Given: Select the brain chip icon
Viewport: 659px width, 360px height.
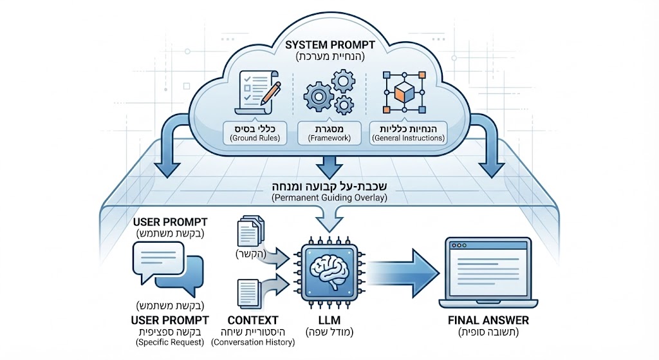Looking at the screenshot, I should click(329, 270).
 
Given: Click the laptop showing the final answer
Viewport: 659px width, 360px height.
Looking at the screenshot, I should click(490, 270).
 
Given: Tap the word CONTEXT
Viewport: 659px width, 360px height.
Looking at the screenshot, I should click(253, 320).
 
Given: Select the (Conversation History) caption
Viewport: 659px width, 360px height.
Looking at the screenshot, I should click(253, 343).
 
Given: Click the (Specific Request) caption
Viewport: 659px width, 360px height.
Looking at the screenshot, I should click(169, 343).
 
